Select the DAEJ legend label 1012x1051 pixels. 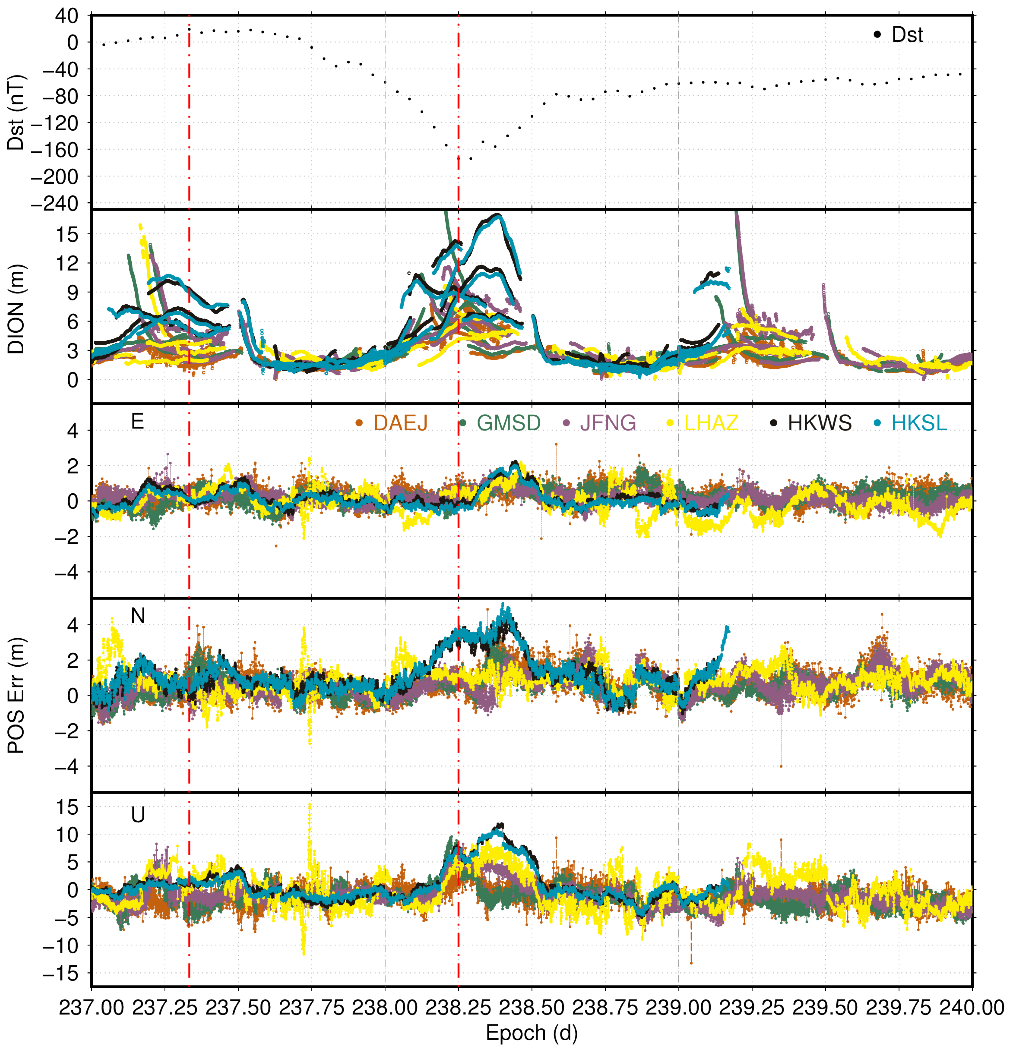pos(400,423)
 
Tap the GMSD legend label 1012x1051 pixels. pos(508,423)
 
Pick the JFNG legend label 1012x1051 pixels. pos(608,423)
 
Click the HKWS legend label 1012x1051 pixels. pos(819,423)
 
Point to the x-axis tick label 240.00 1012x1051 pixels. pos(972,1008)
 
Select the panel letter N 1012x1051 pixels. pos(138,616)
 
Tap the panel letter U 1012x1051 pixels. pos(138,815)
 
